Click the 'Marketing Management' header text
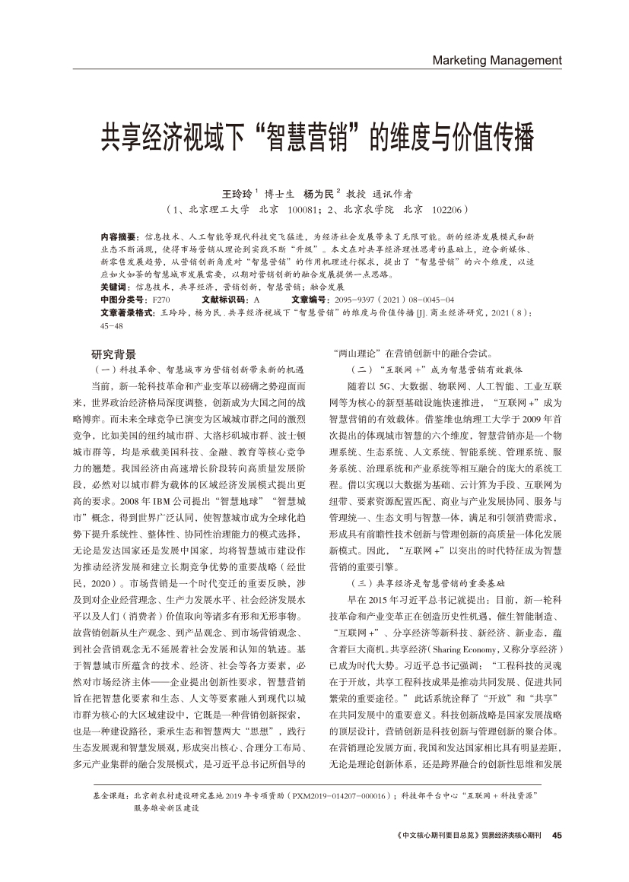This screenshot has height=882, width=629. pos(496,60)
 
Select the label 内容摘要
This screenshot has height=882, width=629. pos(118,237)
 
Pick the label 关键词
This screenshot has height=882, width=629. pos(113,288)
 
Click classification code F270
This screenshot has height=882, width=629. pos(161,300)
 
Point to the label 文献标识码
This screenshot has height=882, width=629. pos(224,300)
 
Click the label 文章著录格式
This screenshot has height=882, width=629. pos(125,313)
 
